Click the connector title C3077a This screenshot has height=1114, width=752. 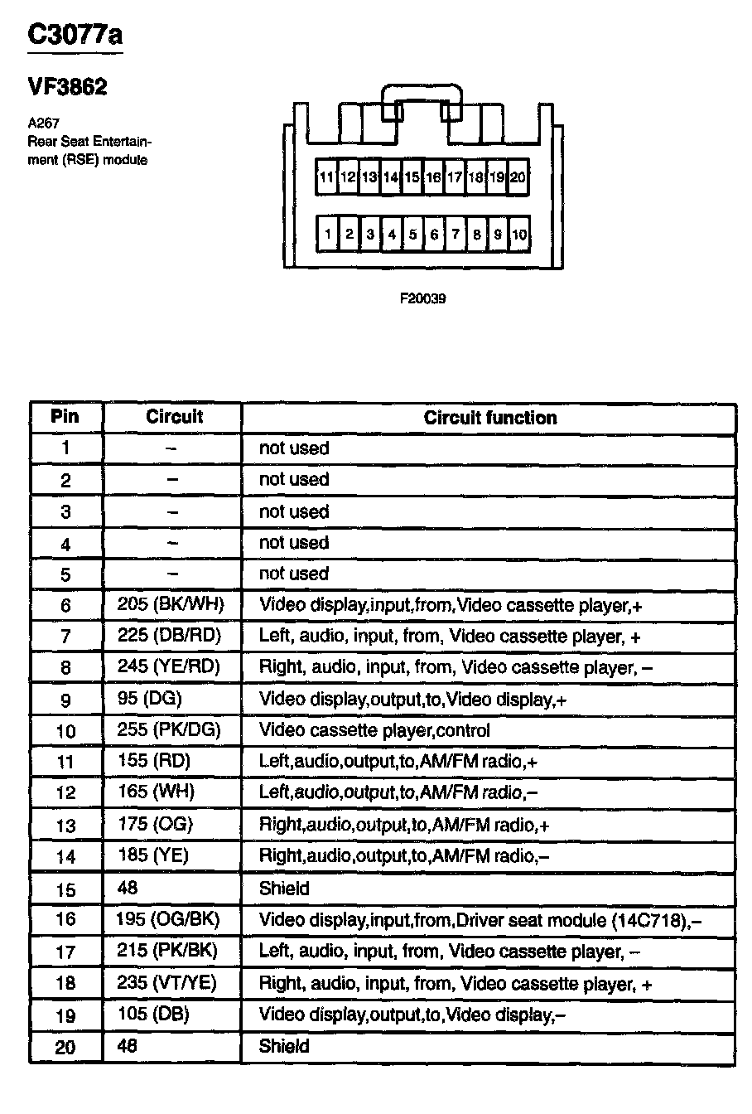tap(75, 36)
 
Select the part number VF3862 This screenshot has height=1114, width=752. tap(67, 87)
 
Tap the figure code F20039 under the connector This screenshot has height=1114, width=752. tap(423, 298)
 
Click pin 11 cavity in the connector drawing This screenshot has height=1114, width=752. tap(327, 177)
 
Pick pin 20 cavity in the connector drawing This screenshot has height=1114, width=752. tap(518, 177)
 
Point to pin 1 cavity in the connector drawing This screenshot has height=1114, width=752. tap(328, 235)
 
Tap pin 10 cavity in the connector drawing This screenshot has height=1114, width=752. tap(518, 235)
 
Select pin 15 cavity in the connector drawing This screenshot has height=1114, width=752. tap(412, 177)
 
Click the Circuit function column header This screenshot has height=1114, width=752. tap(490, 418)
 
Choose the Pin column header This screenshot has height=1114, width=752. tap(65, 416)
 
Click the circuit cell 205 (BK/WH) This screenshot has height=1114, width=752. tap(171, 605)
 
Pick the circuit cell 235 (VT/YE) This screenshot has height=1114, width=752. tap(167, 983)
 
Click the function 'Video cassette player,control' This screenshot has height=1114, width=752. tap(374, 730)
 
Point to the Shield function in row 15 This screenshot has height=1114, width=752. tap(284, 889)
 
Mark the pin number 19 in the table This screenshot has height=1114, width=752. tap(65, 1015)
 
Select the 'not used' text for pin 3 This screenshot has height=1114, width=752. tap(294, 511)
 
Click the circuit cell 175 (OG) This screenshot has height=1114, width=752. tap(155, 824)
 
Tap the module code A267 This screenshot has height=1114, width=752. tap(42, 124)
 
